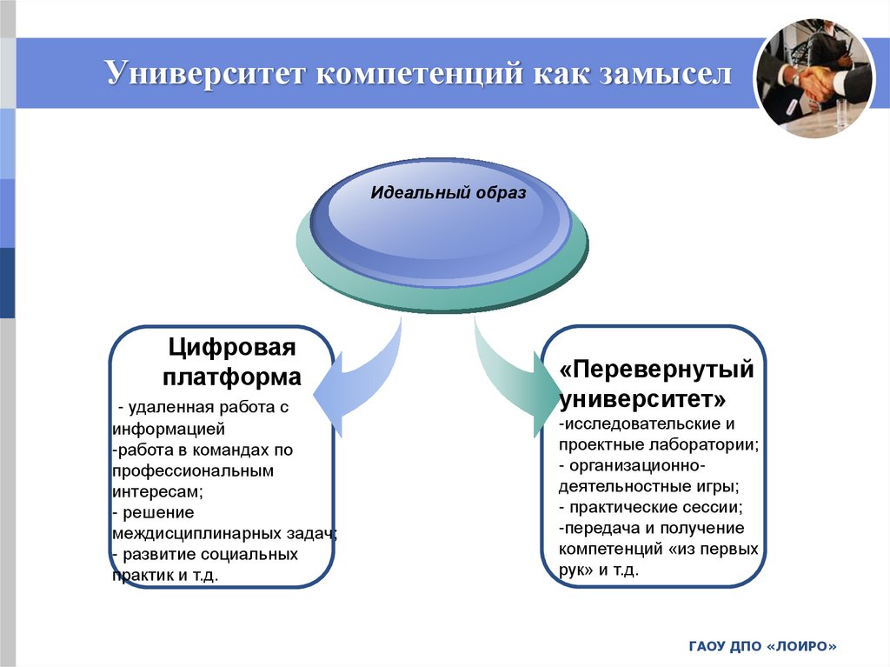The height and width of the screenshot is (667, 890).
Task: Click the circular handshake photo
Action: click(x=814, y=79)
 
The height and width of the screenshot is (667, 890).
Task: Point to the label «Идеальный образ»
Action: click(x=448, y=193)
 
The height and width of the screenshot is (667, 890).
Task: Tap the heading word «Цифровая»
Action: click(x=232, y=348)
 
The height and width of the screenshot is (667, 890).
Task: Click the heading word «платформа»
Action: click(x=232, y=377)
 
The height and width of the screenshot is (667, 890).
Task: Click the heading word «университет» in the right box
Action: click(x=641, y=399)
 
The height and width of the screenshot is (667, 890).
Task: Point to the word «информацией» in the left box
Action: click(x=169, y=429)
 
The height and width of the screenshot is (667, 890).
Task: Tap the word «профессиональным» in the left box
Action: click(x=192, y=470)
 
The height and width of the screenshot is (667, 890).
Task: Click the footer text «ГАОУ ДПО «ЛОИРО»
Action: click(x=762, y=646)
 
